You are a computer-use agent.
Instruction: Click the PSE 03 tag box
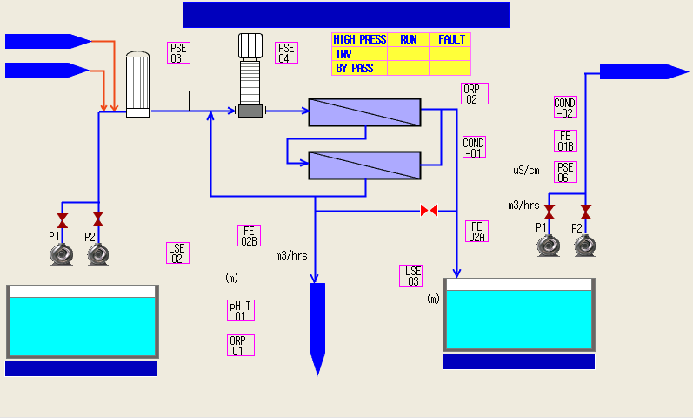click(x=178, y=53)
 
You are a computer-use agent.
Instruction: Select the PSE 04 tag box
click(x=286, y=53)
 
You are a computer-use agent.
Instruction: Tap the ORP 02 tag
click(x=475, y=94)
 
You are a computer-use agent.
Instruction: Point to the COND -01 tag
click(x=474, y=147)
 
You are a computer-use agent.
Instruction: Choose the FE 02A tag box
click(x=476, y=232)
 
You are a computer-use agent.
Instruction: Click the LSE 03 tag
click(x=411, y=276)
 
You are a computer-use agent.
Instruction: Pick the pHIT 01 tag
click(x=241, y=310)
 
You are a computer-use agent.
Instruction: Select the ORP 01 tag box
click(x=241, y=346)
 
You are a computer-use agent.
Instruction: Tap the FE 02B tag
click(x=250, y=236)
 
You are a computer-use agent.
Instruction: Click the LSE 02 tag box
click(x=177, y=253)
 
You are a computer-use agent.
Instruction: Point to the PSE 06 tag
click(x=566, y=172)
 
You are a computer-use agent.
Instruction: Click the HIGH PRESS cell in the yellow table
click(x=360, y=39)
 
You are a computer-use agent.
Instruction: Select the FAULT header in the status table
click(x=450, y=39)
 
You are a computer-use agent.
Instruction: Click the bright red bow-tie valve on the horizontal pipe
click(x=430, y=211)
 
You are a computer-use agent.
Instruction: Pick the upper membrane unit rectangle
click(x=364, y=112)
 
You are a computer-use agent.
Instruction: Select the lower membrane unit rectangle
click(x=364, y=165)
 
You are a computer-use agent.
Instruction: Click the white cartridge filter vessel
click(x=138, y=84)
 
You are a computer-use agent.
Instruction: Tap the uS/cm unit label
click(x=526, y=171)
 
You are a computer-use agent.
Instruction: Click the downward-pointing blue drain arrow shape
click(x=317, y=328)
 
